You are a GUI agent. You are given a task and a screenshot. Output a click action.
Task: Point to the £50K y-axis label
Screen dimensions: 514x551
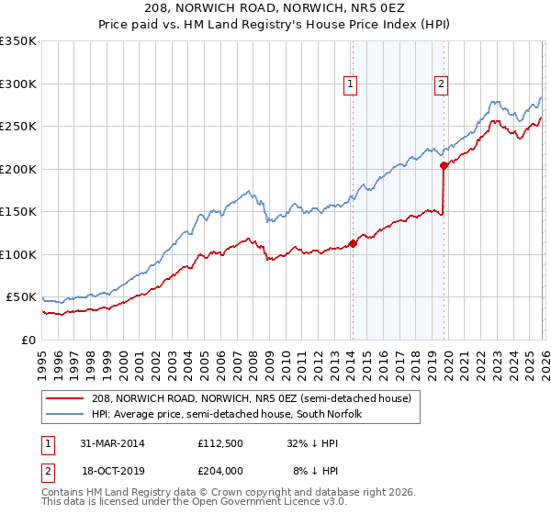click(21, 297)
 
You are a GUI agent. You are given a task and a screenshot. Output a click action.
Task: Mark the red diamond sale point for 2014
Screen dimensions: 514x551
click(353, 244)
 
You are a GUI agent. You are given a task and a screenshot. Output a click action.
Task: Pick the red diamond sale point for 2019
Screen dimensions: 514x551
click(444, 166)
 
